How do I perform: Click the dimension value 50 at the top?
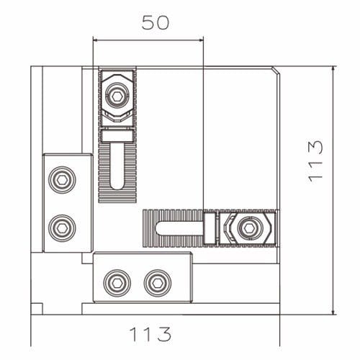pyautogui.click(x=155, y=22)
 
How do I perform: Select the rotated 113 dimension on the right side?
pyautogui.click(x=315, y=161)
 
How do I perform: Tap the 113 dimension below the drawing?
pyautogui.click(x=150, y=335)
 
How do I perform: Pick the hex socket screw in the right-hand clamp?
pyautogui.click(x=248, y=228)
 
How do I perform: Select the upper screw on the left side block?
pyautogui.click(x=61, y=179)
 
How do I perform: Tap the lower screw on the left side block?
pyautogui.click(x=61, y=228)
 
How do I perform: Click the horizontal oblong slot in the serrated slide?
pyautogui.click(x=179, y=228)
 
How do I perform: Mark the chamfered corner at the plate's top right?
pyautogui.click(x=275, y=71)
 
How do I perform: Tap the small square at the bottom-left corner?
pyautogui.click(x=37, y=309)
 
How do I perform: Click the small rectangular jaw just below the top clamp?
pyautogui.click(x=117, y=135)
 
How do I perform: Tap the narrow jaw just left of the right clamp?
pyautogui.click(x=210, y=228)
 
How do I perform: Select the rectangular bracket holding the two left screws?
pyautogui.click(x=67, y=203)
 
